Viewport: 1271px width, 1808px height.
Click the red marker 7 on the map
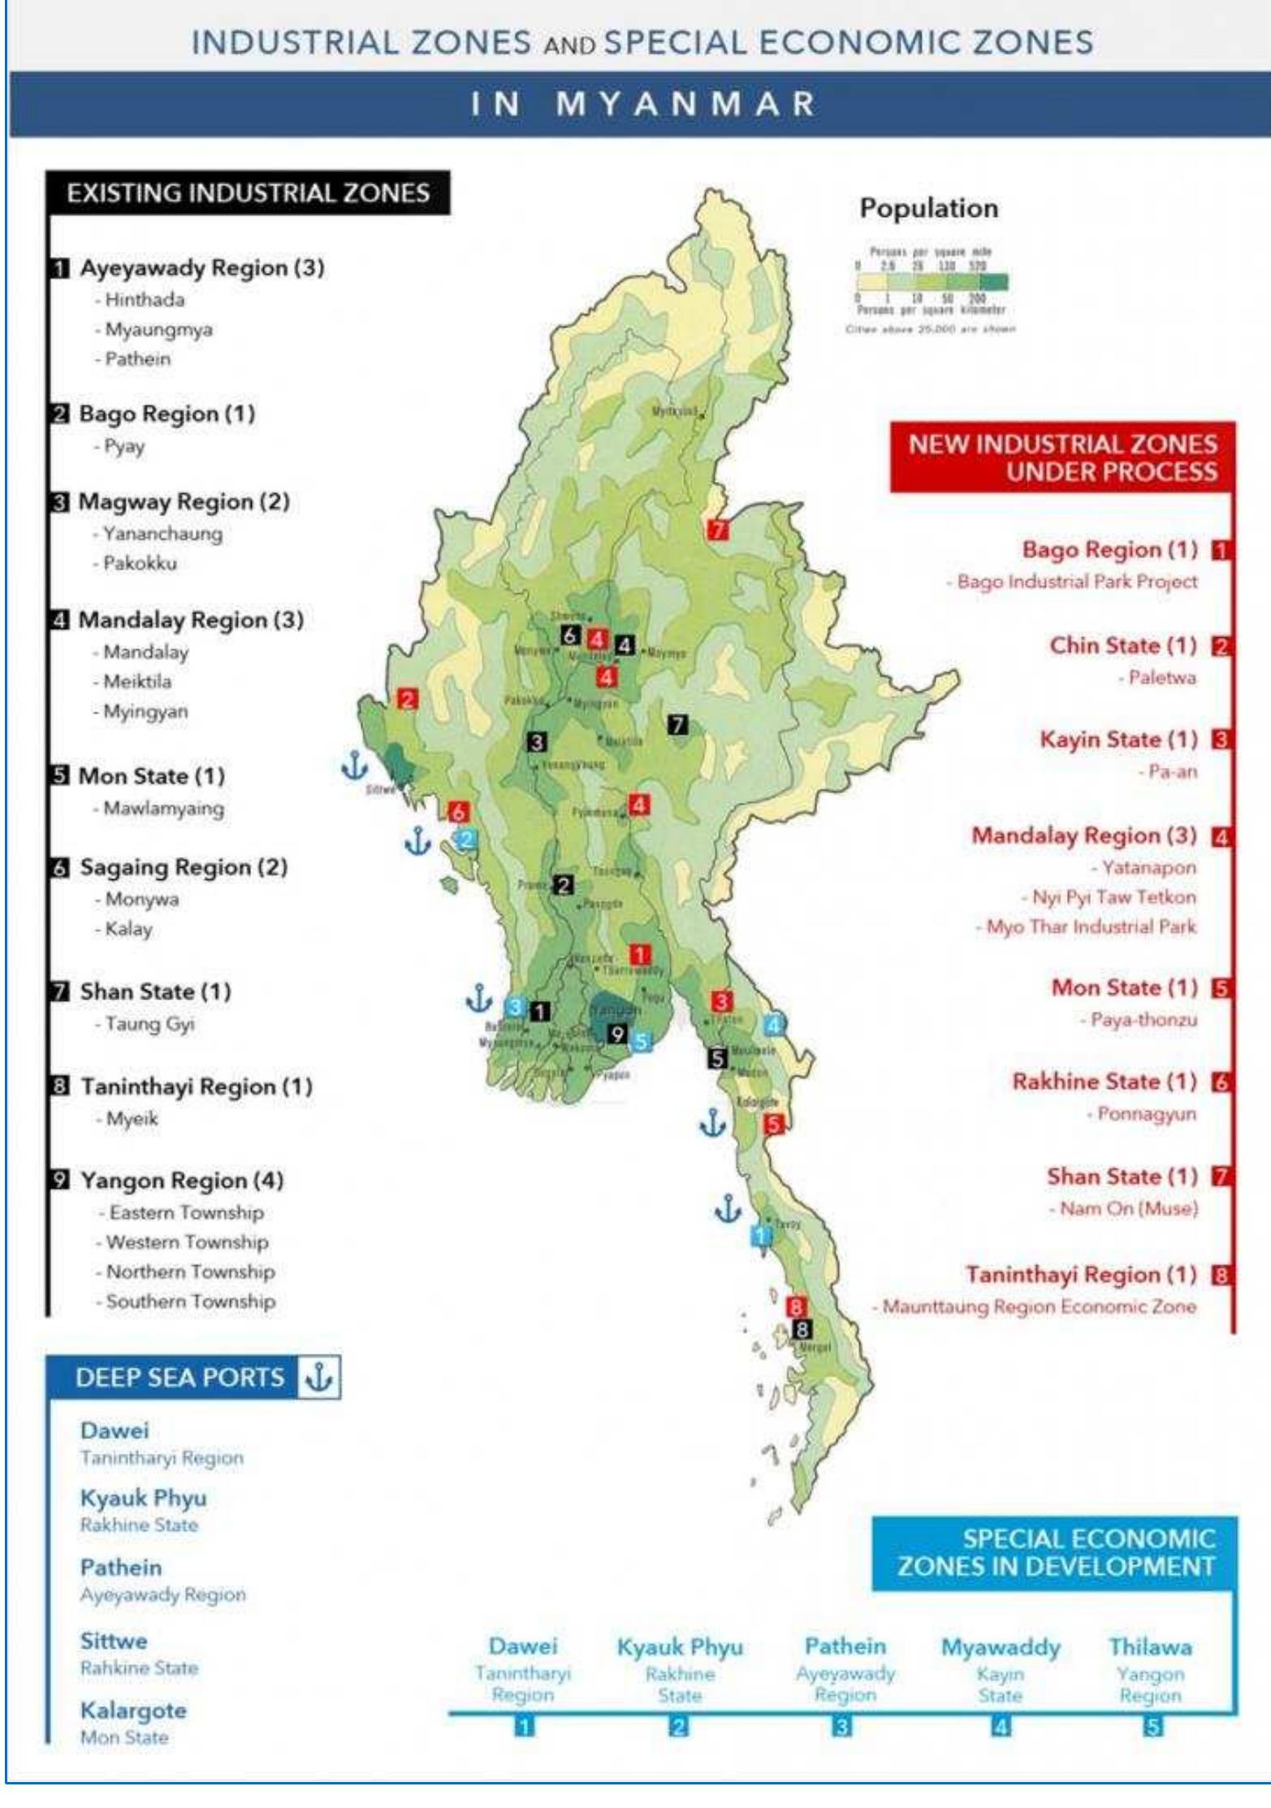tap(717, 530)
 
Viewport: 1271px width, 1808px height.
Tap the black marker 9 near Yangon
tap(617, 1034)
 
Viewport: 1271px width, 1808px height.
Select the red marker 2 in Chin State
tap(407, 699)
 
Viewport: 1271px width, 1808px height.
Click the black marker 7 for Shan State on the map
tap(677, 724)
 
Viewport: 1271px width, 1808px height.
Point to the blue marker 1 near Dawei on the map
tap(761, 1236)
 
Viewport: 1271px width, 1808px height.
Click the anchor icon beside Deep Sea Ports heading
tap(318, 1377)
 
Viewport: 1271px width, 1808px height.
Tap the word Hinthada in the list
tap(145, 300)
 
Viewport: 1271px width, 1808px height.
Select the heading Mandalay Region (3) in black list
tap(191, 620)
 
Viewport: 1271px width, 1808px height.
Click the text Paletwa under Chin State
tap(1161, 678)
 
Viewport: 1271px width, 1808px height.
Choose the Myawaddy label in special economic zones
tap(1001, 1647)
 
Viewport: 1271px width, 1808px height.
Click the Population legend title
tap(928, 208)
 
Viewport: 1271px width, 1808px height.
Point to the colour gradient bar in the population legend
tap(931, 282)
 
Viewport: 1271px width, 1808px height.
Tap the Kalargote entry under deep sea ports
tap(133, 1710)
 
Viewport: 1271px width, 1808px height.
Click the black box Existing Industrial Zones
tap(248, 193)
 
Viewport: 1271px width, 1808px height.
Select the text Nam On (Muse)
tap(1128, 1208)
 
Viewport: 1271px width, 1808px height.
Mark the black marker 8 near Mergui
tap(802, 1329)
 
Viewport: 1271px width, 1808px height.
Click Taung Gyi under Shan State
tap(149, 1024)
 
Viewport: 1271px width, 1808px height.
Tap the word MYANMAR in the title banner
tap(686, 104)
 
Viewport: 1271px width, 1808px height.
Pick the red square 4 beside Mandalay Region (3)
tap(1221, 836)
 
